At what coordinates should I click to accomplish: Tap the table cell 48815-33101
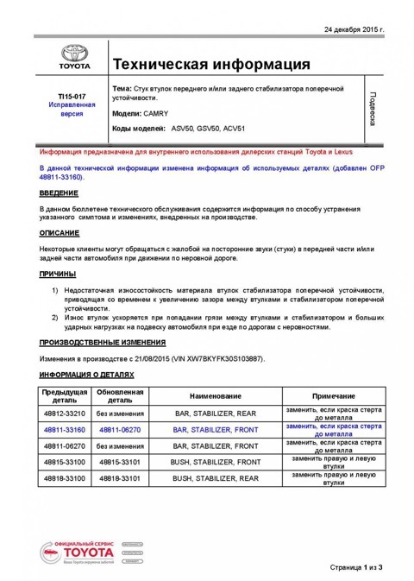(x=120, y=462)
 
